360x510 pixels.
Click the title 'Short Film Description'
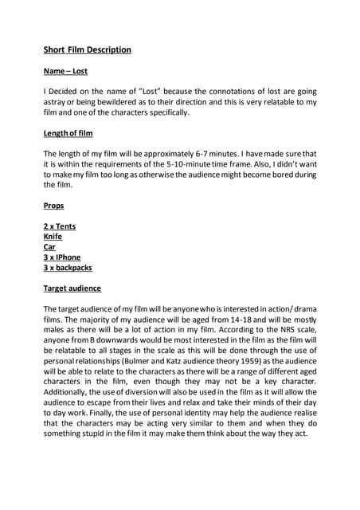[x=87, y=49]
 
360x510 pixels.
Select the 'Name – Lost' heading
[x=65, y=71]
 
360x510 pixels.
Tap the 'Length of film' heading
[x=68, y=133]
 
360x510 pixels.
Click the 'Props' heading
[x=53, y=206]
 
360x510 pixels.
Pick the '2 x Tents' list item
[x=60, y=226]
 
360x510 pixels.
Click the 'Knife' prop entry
[x=53, y=237]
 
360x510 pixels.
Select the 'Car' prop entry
[x=49, y=247]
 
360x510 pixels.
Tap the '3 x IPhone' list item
[x=62, y=257]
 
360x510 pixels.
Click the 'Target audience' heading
[x=72, y=288]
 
